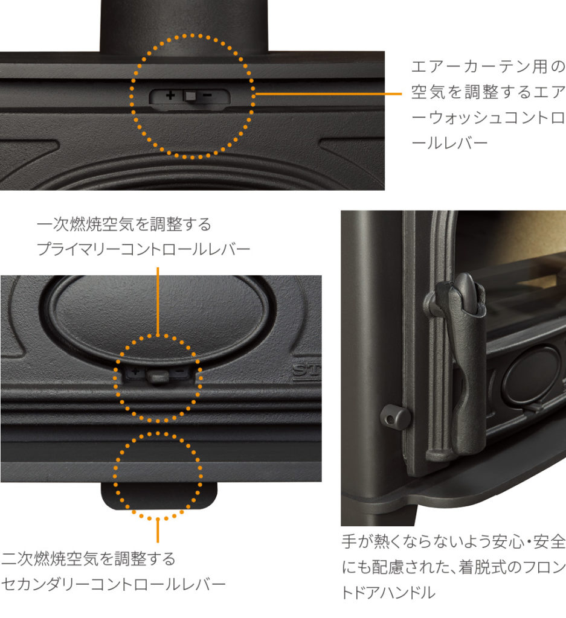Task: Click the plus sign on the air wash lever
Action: click(x=170, y=95)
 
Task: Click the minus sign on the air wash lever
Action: click(x=207, y=95)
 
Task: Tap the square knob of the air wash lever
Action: click(x=189, y=96)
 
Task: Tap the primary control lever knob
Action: click(x=157, y=376)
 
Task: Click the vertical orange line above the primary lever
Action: click(x=158, y=299)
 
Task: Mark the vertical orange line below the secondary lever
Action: click(x=158, y=531)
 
